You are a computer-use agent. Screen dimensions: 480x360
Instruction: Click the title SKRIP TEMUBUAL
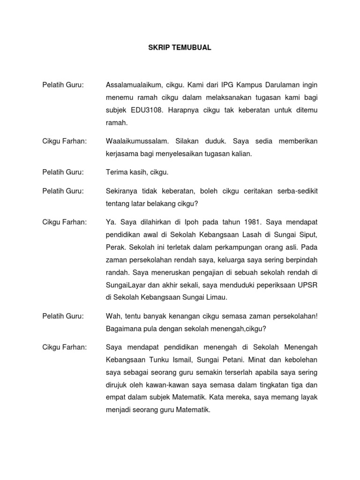pos(180,48)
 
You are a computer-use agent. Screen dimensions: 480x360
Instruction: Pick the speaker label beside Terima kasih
pos(63,172)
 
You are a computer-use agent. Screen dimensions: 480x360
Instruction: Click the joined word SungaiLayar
pos(124,285)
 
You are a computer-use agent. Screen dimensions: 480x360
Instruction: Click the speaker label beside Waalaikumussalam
pos(64,141)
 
